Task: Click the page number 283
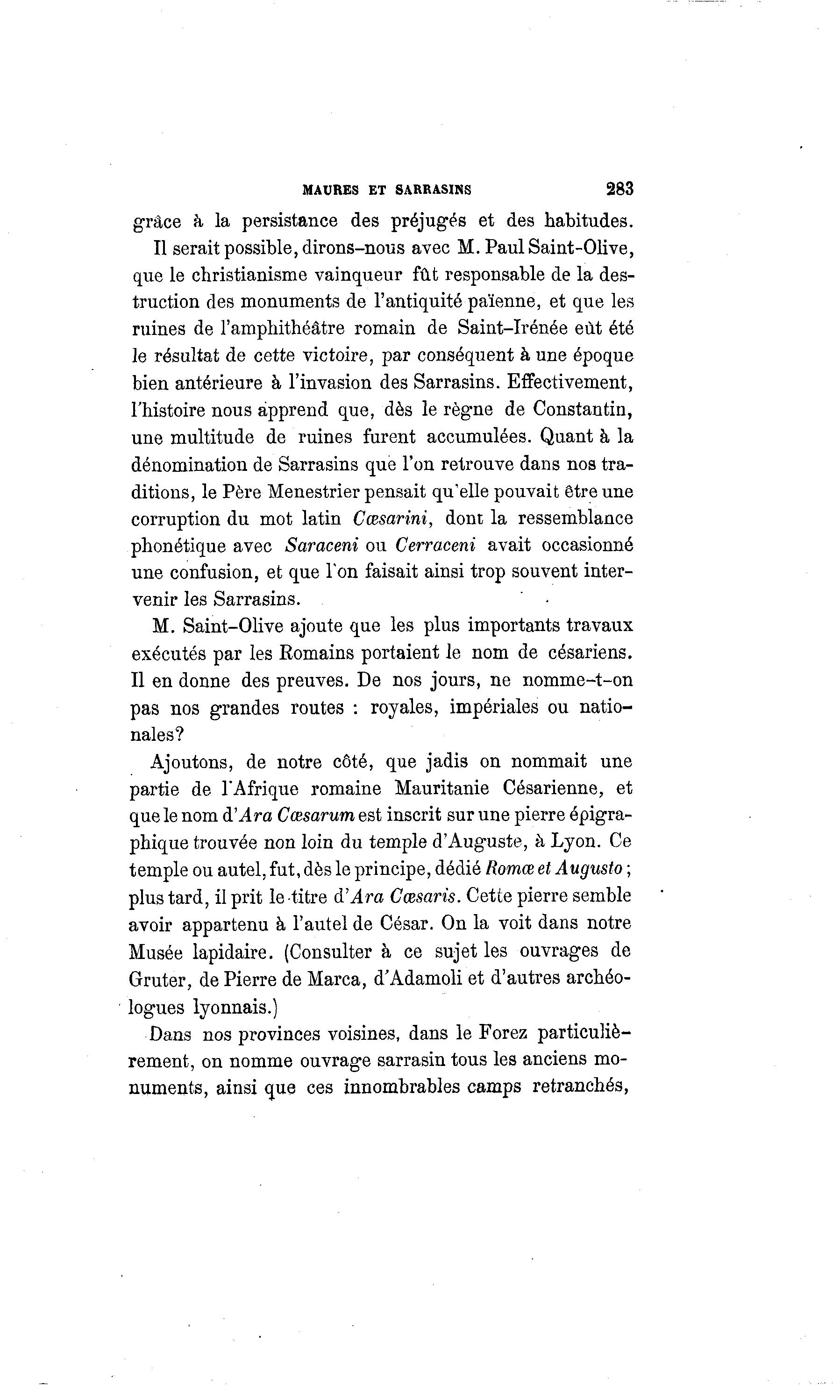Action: pos(619,189)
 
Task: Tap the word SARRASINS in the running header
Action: pos(433,190)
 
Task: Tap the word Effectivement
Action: pos(570,382)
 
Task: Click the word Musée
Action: pos(154,952)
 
